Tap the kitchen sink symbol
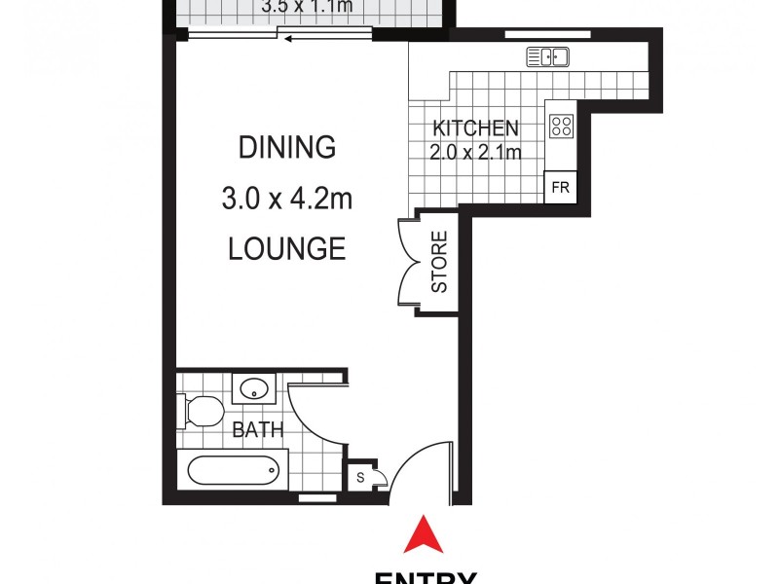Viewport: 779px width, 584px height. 547,57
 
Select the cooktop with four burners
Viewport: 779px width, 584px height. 562,126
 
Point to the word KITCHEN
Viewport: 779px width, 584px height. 475,128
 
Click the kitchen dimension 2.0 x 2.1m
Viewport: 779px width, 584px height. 475,152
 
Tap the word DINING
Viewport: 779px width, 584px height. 286,148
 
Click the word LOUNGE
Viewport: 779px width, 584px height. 286,249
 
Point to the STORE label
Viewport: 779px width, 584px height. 439,262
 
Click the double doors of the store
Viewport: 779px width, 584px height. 407,262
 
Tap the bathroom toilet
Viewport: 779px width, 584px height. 201,412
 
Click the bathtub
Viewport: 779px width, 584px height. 234,473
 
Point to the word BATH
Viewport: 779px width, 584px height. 258,429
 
